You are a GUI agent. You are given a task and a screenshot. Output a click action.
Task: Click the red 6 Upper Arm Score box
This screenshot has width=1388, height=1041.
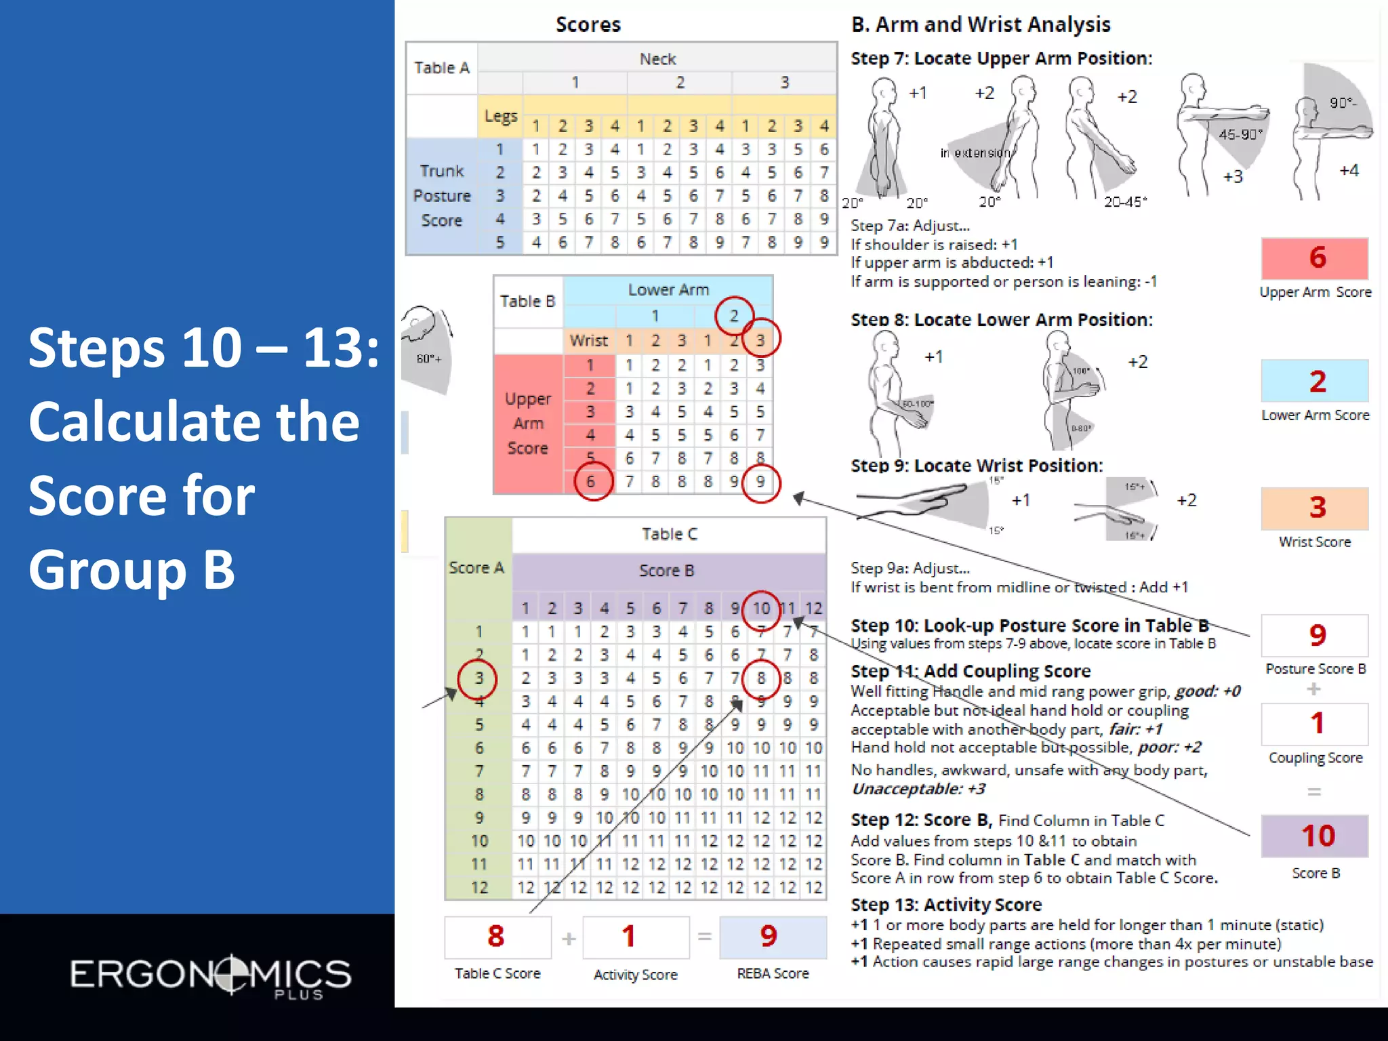point(1314,258)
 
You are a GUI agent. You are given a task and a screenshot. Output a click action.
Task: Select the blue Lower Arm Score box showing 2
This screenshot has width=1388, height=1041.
point(1314,382)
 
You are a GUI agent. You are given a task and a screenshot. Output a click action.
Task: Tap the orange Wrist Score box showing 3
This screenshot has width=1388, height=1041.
point(1314,508)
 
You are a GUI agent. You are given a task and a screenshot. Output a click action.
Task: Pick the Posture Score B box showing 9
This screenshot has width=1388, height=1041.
point(1314,635)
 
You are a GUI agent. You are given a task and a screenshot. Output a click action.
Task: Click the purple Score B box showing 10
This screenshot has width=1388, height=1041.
point(1314,836)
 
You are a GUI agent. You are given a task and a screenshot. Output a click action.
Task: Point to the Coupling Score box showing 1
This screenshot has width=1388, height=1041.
point(1314,724)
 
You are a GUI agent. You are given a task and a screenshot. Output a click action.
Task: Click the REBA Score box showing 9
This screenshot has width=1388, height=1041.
point(772,937)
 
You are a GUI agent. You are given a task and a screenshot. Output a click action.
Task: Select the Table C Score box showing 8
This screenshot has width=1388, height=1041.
point(497,937)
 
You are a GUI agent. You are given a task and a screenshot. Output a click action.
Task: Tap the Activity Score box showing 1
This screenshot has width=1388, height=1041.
point(635,937)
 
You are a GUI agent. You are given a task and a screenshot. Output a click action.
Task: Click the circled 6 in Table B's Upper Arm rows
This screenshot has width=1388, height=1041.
point(592,481)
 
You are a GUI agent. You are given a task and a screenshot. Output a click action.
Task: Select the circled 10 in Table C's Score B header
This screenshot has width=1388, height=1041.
point(760,608)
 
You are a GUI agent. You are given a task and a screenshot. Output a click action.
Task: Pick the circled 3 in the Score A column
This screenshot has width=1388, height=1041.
point(478,678)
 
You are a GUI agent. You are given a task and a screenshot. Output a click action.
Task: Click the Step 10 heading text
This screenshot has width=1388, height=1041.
point(1029,625)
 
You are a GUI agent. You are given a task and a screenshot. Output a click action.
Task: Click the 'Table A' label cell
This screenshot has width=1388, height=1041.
point(442,68)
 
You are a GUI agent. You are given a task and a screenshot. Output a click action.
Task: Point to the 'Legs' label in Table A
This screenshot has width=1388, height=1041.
point(500,117)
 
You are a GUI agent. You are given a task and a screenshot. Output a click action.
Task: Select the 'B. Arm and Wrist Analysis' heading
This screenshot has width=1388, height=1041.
point(981,24)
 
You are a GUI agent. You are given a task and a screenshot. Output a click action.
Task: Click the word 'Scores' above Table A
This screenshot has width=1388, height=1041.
point(588,24)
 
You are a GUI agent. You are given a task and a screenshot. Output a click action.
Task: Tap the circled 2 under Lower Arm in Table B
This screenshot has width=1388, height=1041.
point(734,316)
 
